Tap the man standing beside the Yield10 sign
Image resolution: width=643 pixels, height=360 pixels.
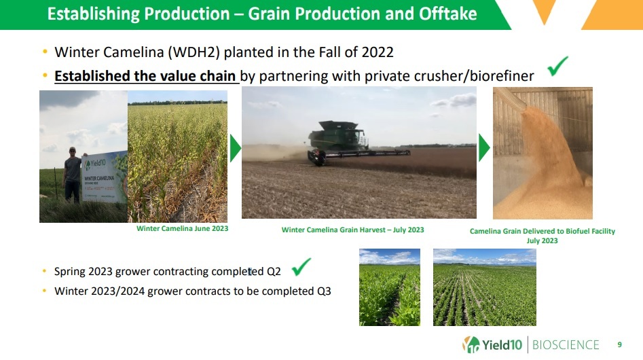pos(73,175)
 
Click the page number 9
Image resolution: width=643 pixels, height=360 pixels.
pos(619,345)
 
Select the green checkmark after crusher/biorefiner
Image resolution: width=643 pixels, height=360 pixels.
pos(557,66)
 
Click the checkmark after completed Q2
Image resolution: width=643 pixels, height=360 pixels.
pos(301,267)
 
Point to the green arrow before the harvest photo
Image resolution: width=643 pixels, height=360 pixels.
pos(235,149)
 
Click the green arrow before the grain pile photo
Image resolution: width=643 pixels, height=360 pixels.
pos(484,148)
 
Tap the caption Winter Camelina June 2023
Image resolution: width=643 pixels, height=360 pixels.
pos(183,228)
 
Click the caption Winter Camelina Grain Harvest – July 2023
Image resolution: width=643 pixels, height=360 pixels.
pos(352,230)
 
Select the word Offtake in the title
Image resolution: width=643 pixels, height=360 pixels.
pos(448,14)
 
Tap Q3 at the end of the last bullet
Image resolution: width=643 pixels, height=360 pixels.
pos(324,291)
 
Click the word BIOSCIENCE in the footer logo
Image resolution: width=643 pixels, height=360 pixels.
pos(566,345)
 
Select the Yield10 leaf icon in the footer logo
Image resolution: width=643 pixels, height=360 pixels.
pos(471,344)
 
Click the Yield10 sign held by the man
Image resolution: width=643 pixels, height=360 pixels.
pos(105,178)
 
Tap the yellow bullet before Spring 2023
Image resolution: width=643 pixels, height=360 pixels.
pos(44,271)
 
